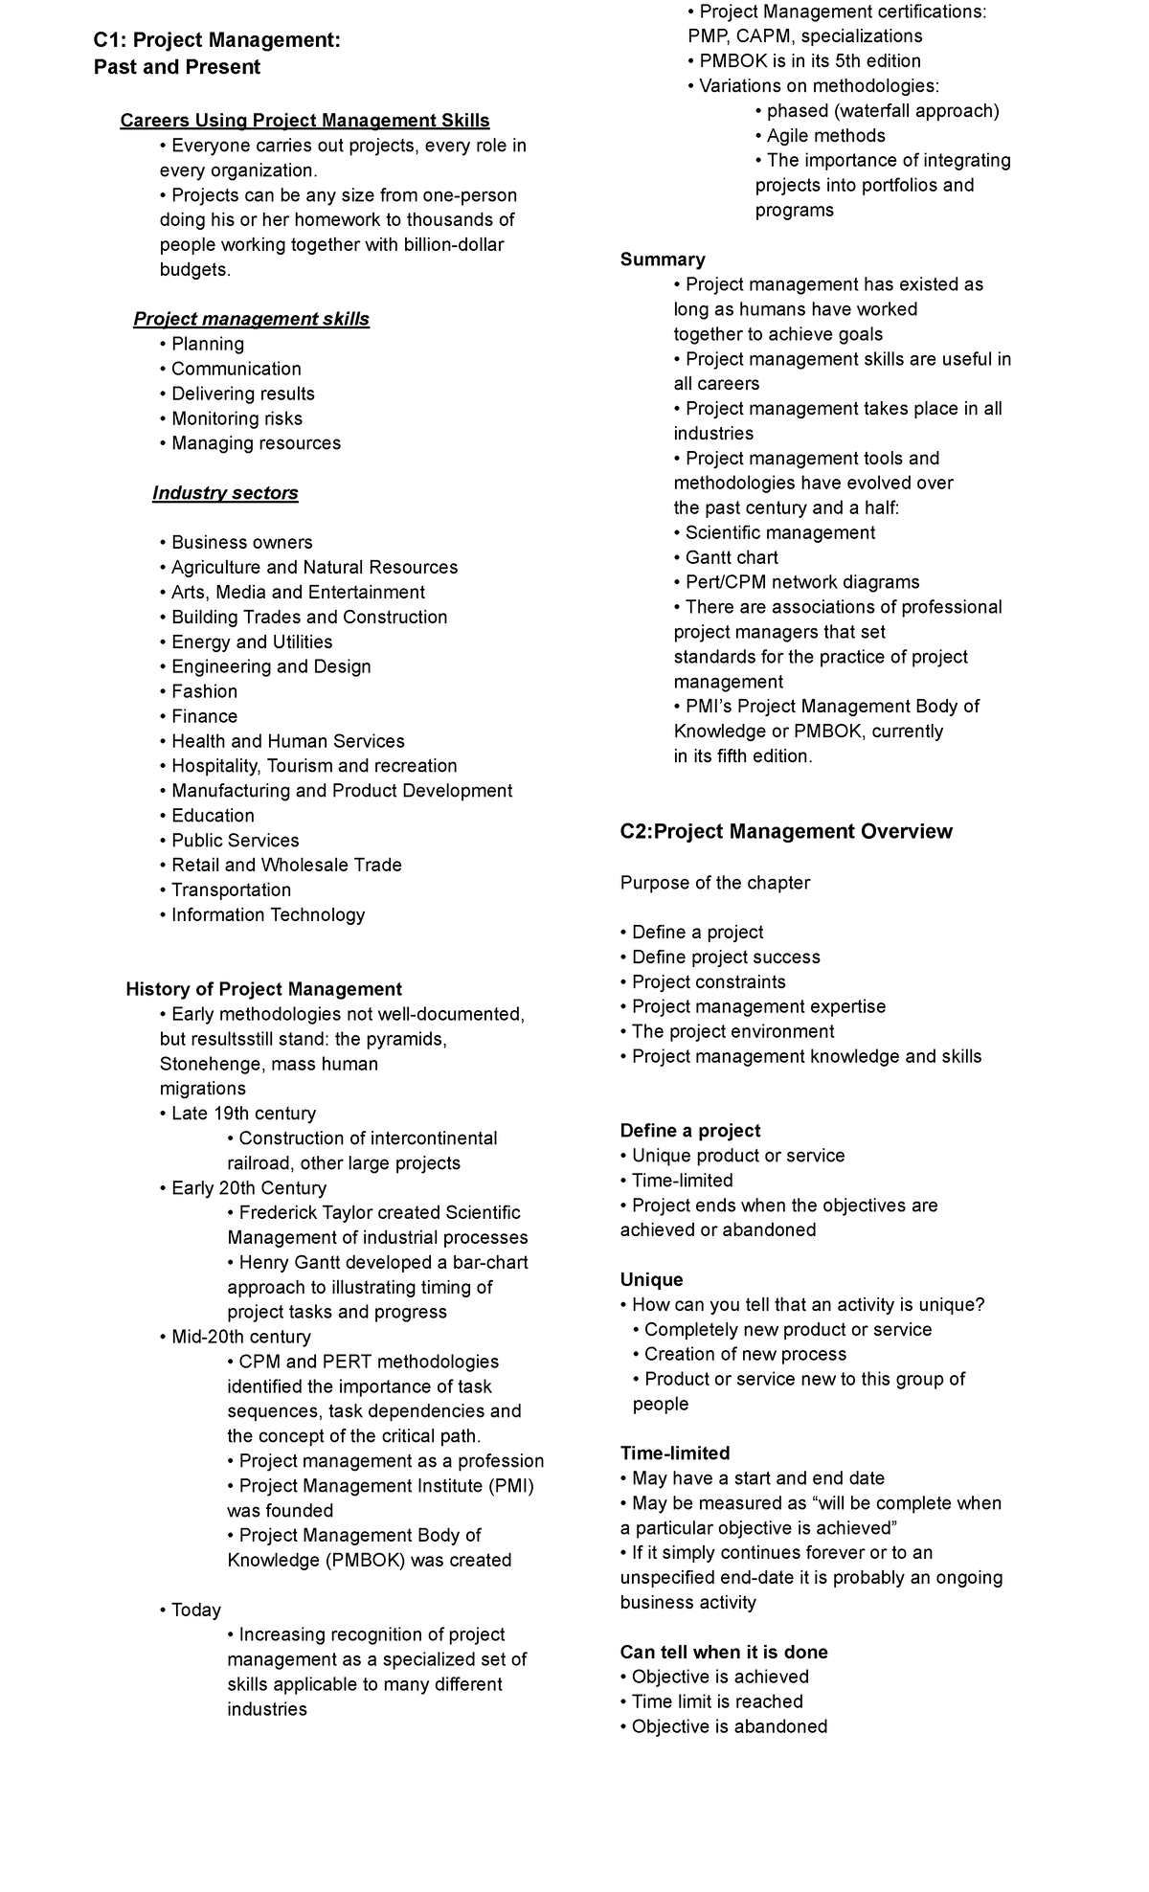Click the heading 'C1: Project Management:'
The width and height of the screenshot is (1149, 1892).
pos(216,40)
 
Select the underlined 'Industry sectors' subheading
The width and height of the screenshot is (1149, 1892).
pos(225,493)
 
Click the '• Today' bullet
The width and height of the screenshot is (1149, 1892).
pos(191,1610)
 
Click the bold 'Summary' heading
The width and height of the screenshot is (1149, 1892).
pos(663,259)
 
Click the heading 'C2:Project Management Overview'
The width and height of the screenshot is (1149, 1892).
pos(786,831)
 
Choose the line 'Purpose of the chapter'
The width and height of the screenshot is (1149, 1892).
pos(715,883)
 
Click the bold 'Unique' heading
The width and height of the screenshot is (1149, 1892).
pos(651,1280)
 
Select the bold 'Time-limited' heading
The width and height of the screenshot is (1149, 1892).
pos(675,1453)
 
